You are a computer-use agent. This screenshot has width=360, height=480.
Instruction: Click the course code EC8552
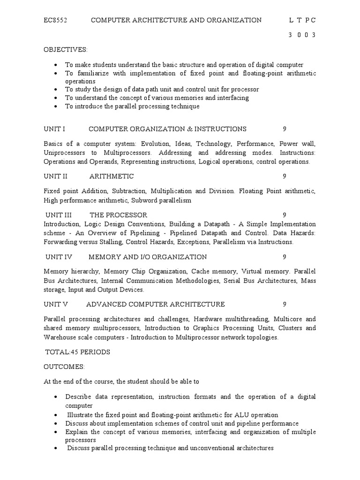pos(56,20)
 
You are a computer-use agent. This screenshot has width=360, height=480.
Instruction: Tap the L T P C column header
pos(302,20)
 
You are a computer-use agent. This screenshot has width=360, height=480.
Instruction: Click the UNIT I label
pos(54,128)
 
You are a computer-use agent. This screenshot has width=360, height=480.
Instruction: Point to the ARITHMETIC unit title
pos(112,176)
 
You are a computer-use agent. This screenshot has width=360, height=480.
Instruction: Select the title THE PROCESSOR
pos(118,215)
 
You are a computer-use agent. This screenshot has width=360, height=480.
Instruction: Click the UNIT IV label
pos(57,257)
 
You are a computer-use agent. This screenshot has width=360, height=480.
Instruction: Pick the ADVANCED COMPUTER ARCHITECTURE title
pos(156,304)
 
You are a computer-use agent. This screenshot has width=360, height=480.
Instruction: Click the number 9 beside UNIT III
pos(285,215)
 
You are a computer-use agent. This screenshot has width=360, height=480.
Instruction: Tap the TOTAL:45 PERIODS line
pos(77,352)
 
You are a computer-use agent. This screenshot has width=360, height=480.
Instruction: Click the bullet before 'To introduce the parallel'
pos(56,106)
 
